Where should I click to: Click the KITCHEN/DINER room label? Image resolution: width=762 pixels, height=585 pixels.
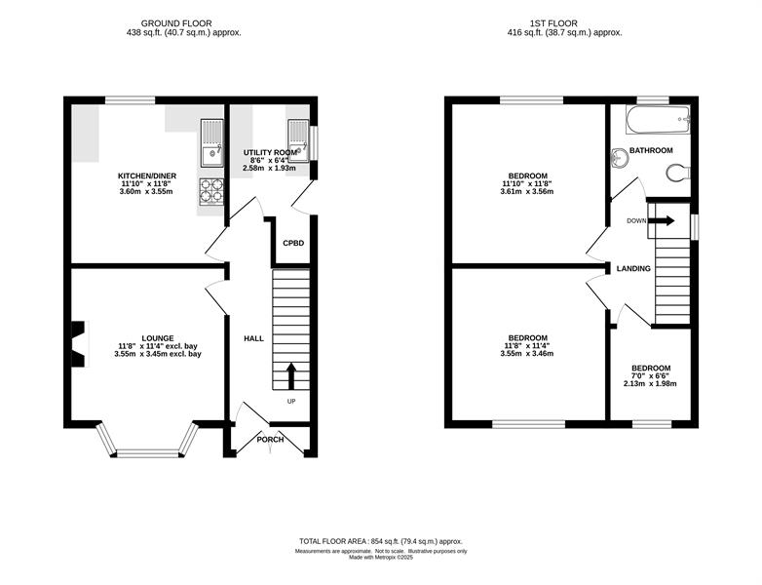pyautogui.click(x=147, y=175)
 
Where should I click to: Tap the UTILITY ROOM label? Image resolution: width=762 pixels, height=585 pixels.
pyautogui.click(x=270, y=152)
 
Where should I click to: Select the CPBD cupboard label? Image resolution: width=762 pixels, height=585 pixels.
pyautogui.click(x=293, y=243)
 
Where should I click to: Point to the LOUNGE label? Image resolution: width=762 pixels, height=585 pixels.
pyautogui.click(x=158, y=338)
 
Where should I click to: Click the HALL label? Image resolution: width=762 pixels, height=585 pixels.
pyautogui.click(x=253, y=338)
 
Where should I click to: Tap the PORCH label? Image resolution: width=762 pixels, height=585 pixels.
pyautogui.click(x=270, y=440)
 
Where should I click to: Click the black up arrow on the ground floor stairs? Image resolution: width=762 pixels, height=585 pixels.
pyautogui.click(x=291, y=376)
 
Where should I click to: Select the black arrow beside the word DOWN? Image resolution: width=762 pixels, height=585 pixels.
pyautogui.click(x=662, y=220)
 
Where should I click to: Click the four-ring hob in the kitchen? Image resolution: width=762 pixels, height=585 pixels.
pyautogui.click(x=211, y=191)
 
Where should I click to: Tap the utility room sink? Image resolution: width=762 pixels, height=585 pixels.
pyautogui.click(x=298, y=140)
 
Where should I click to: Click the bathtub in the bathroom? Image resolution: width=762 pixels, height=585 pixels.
pyautogui.click(x=658, y=120)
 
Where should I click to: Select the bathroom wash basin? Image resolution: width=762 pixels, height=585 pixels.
pyautogui.click(x=619, y=158)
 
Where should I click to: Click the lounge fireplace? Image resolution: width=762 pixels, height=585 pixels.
pyautogui.click(x=78, y=344)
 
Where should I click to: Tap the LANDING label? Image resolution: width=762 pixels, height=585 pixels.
pyautogui.click(x=633, y=268)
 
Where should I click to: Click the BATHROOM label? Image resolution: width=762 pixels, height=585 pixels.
pyautogui.click(x=651, y=150)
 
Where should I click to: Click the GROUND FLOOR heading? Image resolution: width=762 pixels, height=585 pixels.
pyautogui.click(x=176, y=23)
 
